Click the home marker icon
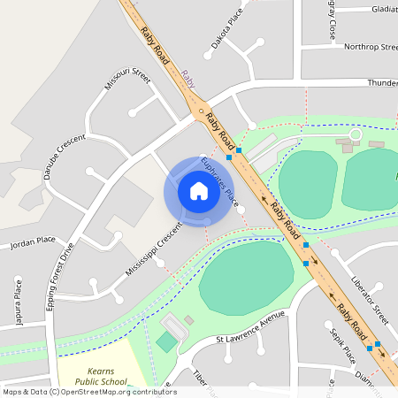pyautogui.click(x=198, y=191)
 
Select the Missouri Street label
pyautogui.click(x=128, y=79)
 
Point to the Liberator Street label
pyautogui.click(x=369, y=301)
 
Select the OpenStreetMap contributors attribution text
pyautogui.click(x=89, y=391)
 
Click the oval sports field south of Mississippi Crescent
pyautogui.click(x=246, y=277)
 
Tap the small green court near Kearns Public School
pyautogui.click(x=166, y=341)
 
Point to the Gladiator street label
pyautogui.click(x=384, y=10)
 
